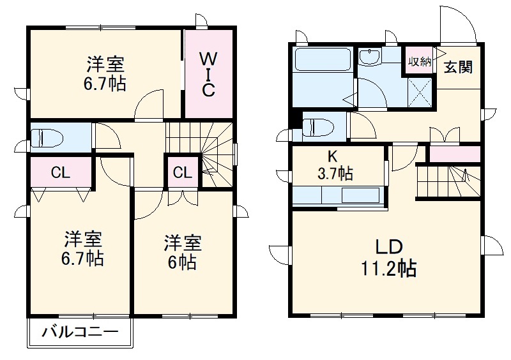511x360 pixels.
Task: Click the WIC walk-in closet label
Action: (208, 74)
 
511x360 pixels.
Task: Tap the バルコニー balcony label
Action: (80, 333)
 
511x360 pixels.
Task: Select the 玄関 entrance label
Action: (459, 66)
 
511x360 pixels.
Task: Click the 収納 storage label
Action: (419, 62)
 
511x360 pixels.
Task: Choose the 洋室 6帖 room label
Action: (183, 253)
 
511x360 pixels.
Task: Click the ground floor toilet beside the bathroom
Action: (317, 126)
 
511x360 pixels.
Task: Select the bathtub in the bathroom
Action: (323, 61)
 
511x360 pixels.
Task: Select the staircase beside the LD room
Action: (447, 181)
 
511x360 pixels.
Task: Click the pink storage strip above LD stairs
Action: (454, 154)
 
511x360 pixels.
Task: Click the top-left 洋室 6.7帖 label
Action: (106, 74)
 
